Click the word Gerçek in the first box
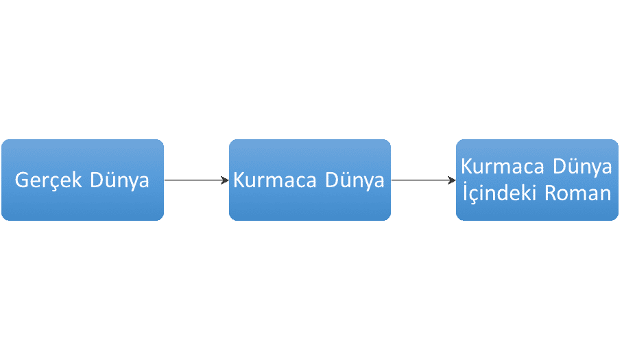coord(48,180)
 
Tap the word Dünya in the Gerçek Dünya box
coord(119,180)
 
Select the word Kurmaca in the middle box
coord(275,180)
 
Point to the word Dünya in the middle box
coord(355,180)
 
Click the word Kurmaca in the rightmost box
coord(503,167)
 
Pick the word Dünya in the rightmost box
coord(582,167)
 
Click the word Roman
coord(578,193)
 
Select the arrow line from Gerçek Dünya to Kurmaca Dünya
coord(196,180)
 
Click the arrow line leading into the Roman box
coord(424,180)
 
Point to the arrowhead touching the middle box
coord(225,180)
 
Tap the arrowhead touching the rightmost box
coord(452,180)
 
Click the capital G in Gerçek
coord(21,180)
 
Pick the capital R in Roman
coord(551,193)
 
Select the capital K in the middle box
coord(239,180)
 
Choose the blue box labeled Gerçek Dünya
coord(82,180)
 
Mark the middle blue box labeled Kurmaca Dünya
coord(310,180)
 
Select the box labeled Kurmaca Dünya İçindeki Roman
coord(537,180)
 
